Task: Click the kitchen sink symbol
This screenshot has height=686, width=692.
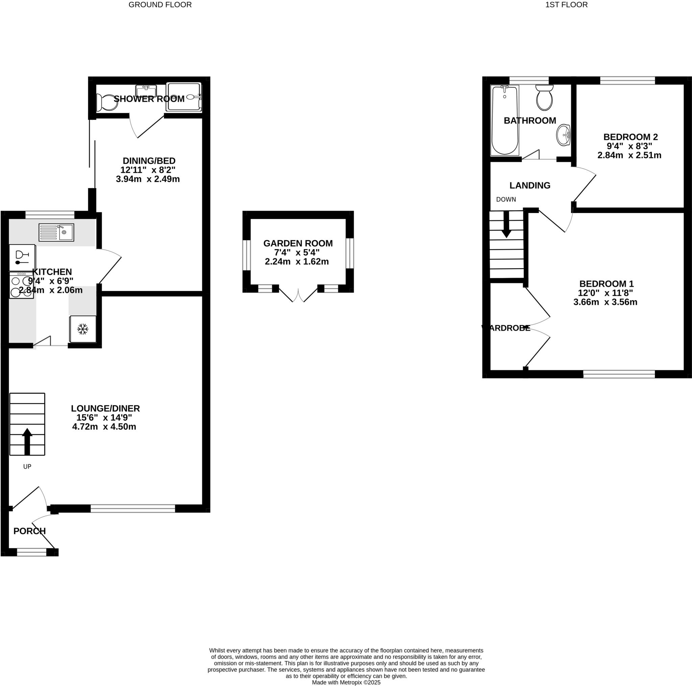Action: [x=56, y=232]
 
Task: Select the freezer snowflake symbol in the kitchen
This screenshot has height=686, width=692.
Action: [x=83, y=329]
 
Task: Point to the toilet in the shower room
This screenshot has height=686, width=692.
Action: [x=103, y=102]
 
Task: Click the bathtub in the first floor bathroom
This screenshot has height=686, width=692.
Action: [x=505, y=120]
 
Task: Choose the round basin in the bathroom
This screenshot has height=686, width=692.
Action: [x=563, y=135]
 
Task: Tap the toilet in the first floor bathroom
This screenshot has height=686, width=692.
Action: [x=544, y=97]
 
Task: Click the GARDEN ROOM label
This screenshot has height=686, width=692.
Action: [x=298, y=243]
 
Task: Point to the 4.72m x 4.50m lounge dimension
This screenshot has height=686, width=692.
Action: [x=104, y=427]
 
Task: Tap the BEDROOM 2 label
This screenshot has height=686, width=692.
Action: [x=631, y=137]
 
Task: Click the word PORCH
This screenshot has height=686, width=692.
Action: [x=29, y=531]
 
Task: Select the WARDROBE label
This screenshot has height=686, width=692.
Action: [x=506, y=328]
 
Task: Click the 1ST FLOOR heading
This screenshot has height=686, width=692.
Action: [x=566, y=5]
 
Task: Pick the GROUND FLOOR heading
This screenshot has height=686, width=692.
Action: [x=160, y=5]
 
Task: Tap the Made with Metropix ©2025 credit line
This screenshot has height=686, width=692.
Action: [x=346, y=682]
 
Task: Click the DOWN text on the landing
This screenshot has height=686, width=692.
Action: [x=506, y=199]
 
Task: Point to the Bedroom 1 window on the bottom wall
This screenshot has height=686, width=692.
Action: [x=619, y=374]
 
